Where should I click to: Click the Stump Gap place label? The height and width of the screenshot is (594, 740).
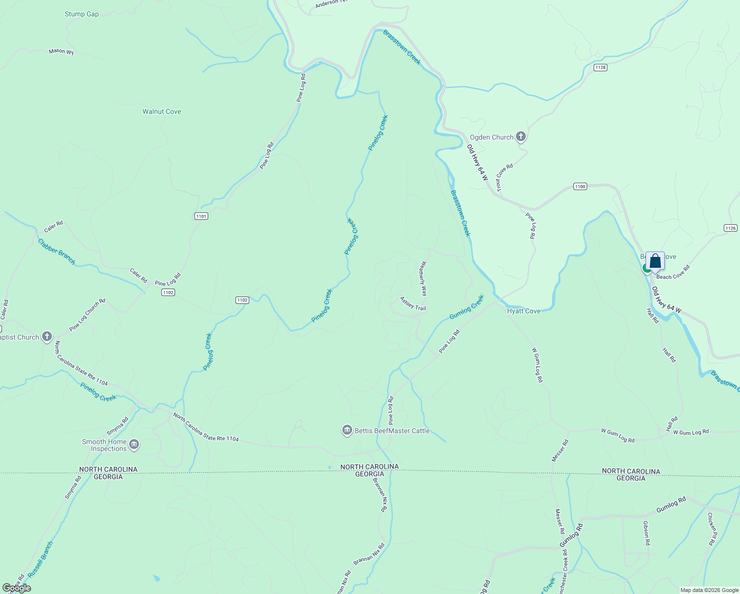82,14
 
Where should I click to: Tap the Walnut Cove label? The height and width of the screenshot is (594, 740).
161,111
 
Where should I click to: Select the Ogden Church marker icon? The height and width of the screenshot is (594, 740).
520,137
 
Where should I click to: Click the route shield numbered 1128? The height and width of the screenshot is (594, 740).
600,67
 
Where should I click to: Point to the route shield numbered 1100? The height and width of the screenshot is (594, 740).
580,187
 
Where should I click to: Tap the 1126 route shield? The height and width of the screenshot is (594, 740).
730,228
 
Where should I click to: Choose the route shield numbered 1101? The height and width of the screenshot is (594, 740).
201,216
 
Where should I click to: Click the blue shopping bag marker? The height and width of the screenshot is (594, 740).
655,261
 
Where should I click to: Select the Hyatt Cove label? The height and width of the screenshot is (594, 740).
523,311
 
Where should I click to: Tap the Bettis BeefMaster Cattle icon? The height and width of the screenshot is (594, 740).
347,431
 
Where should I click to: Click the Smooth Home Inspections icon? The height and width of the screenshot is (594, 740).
134,445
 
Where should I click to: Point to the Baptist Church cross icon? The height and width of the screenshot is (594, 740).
47,337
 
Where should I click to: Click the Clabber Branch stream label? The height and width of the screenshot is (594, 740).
57,252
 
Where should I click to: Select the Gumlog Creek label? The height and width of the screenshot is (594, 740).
466,307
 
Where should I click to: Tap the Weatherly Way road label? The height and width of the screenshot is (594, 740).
423,279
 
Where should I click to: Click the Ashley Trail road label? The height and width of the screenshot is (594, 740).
413,304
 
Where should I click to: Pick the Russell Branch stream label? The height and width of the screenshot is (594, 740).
41,559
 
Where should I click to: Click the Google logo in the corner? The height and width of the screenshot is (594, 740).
16,588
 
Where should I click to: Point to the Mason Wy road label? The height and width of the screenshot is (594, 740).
61,51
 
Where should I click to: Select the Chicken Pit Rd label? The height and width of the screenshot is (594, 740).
711,529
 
